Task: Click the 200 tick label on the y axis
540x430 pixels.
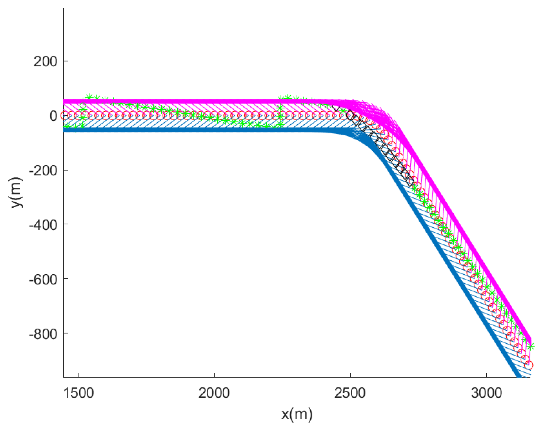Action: click(x=45, y=62)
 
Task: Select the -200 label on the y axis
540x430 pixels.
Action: click(x=43, y=171)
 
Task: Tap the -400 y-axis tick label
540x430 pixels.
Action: click(x=43, y=225)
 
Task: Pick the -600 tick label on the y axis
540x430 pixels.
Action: click(x=43, y=279)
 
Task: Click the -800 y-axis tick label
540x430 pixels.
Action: click(x=43, y=334)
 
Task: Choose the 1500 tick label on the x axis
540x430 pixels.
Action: click(x=79, y=393)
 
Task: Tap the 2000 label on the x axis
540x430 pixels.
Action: click(x=214, y=393)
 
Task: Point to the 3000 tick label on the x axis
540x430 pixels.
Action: click(x=487, y=393)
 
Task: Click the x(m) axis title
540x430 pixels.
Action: click(x=297, y=414)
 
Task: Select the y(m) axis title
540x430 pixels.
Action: click(x=17, y=193)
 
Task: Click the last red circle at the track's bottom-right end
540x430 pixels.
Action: click(x=529, y=365)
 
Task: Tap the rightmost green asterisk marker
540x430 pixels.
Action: click(x=531, y=346)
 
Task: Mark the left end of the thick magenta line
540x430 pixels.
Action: click(x=65, y=101)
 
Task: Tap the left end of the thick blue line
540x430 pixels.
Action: click(x=65, y=130)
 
